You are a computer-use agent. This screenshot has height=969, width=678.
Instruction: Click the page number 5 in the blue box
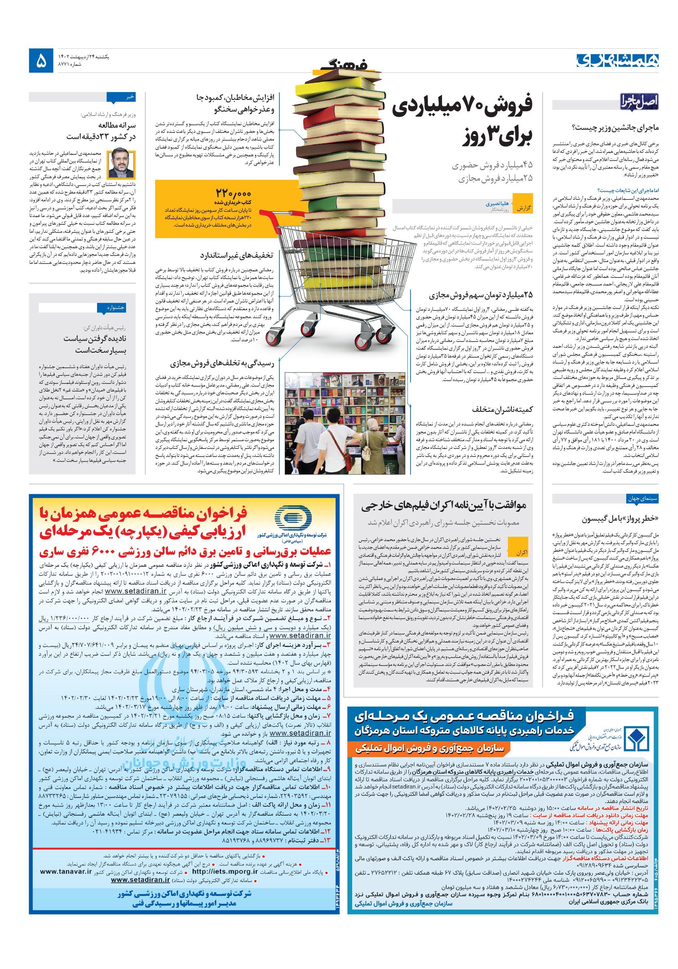tap(41, 61)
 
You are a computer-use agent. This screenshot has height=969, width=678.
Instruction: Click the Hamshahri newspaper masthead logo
tap(616, 60)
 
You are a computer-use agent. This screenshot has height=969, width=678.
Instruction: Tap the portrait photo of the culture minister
tap(121, 164)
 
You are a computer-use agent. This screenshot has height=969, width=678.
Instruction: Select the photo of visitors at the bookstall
tap(344, 423)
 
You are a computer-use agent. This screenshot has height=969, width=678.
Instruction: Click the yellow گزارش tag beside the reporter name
tap(524, 208)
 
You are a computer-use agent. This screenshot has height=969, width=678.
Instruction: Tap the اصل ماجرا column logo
tap(638, 102)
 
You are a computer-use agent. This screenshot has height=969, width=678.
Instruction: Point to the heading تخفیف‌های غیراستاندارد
tap(236, 255)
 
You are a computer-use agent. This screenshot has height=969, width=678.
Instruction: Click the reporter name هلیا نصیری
tap(496, 203)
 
